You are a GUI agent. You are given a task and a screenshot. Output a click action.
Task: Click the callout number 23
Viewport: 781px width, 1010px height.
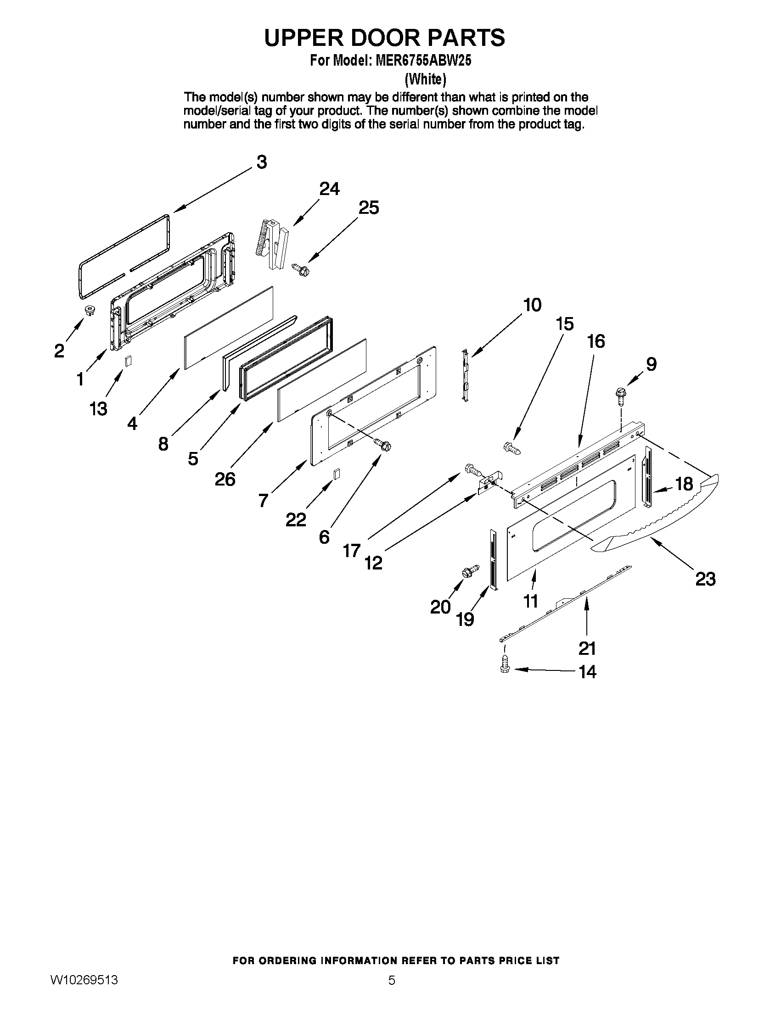(706, 579)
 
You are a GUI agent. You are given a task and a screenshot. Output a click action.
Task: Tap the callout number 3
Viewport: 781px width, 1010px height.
(262, 162)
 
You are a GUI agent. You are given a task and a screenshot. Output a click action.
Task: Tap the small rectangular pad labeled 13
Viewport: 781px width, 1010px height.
(129, 361)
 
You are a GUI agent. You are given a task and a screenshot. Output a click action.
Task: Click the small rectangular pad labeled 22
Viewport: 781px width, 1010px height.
(337, 474)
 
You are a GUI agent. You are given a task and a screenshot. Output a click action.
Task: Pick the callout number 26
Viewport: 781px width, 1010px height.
(225, 479)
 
